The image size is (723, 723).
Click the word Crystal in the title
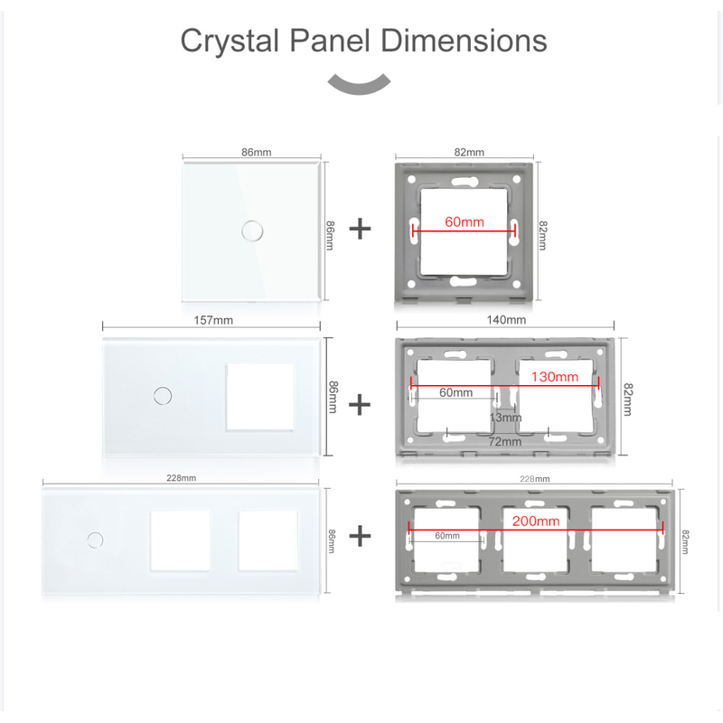click(230, 42)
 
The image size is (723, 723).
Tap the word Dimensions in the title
click(464, 41)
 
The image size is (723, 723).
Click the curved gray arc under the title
click(359, 85)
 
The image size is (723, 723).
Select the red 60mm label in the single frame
click(465, 221)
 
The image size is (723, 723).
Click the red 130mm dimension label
click(555, 377)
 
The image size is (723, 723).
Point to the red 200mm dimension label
click(536, 521)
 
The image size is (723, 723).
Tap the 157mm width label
click(213, 320)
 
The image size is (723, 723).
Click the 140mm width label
click(506, 320)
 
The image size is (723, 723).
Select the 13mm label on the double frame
click(505, 418)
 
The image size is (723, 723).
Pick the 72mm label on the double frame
click(505, 442)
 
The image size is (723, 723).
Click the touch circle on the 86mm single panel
click(252, 230)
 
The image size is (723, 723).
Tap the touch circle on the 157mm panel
click(163, 396)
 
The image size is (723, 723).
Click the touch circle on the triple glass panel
click(96, 540)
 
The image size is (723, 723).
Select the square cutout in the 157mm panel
click(260, 398)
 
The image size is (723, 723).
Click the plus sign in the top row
click(360, 230)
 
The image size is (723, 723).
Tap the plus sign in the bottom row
click(360, 536)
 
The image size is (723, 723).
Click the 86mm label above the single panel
click(257, 152)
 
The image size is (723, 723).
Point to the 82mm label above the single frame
click(469, 152)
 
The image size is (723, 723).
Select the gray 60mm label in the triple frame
click(447, 536)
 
